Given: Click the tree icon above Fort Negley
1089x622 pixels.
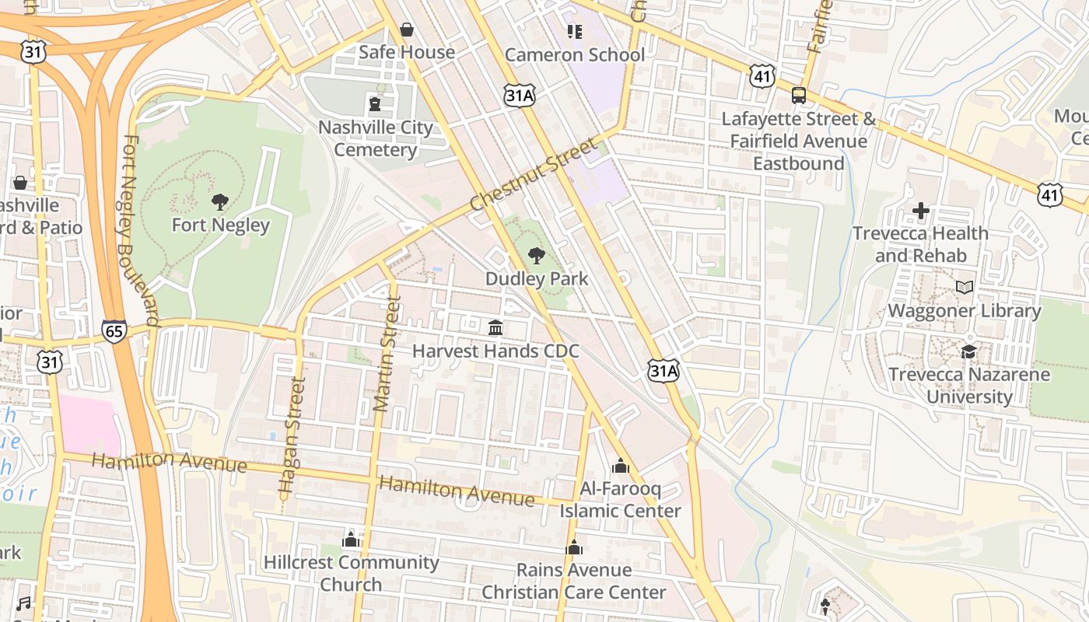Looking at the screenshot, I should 220,202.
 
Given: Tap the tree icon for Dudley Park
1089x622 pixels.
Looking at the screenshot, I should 535,255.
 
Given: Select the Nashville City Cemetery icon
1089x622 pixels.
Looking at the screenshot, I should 375,103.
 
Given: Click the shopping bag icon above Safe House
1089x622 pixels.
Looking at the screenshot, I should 406,30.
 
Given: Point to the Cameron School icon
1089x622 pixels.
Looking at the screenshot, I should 575,32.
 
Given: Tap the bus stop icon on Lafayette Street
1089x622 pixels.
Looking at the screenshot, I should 798,96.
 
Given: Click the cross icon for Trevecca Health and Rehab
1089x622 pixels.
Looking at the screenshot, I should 920,210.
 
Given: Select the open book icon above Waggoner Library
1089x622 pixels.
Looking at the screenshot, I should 965,288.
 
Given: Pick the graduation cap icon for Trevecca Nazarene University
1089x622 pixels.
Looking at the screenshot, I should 968,351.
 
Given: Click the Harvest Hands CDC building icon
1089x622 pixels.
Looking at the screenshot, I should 495,327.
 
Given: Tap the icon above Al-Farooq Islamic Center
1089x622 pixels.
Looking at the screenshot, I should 620,466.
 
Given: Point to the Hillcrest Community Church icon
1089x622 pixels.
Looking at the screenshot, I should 351,539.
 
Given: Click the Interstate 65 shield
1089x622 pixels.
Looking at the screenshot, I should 114,331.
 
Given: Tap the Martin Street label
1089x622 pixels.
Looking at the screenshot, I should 387,354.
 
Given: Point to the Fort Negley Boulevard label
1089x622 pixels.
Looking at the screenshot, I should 140,231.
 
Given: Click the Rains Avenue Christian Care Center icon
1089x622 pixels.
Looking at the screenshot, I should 574,547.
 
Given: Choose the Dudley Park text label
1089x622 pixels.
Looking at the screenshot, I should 537,278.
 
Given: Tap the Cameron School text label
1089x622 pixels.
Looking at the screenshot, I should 575,54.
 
